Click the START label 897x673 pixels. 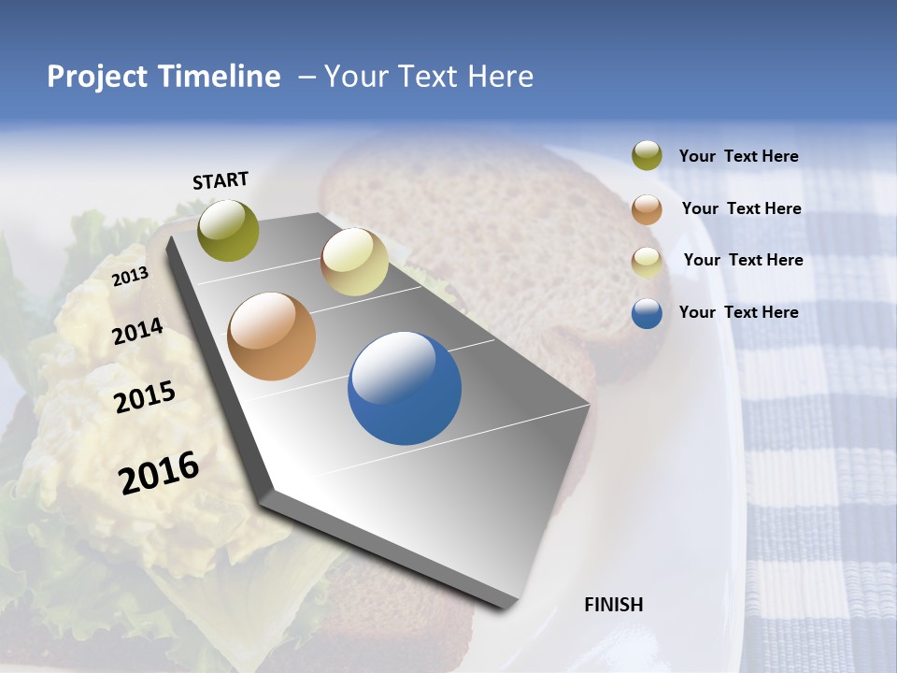tap(221, 180)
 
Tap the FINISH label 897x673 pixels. tap(613, 605)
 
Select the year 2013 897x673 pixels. tap(130, 277)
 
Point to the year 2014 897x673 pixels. tap(137, 331)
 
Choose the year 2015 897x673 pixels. tap(145, 397)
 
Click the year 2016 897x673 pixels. tap(159, 472)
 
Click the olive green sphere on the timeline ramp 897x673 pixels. tap(228, 230)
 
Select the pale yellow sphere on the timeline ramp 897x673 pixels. tap(354, 262)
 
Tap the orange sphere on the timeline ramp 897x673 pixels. tap(272, 336)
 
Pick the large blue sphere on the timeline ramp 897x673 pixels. tap(405, 388)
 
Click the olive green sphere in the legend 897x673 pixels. tap(647, 156)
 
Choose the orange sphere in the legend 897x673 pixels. tap(647, 208)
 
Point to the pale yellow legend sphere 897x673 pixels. tap(647, 261)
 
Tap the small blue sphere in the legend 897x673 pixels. tap(647, 313)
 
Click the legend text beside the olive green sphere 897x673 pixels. tap(738, 157)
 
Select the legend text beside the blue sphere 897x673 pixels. tap(738, 312)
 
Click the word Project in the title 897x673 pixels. tap(97, 77)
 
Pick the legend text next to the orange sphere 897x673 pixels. tap(741, 208)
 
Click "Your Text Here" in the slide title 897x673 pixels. tap(429, 77)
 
